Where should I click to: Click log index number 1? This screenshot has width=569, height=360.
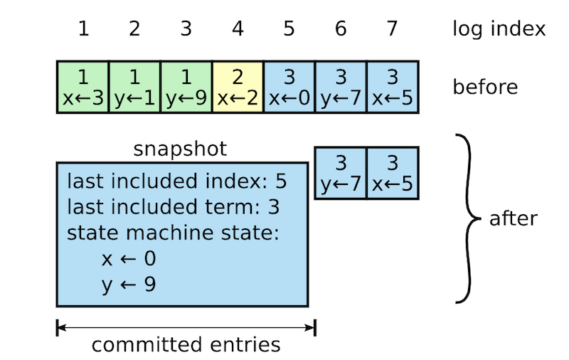[x=83, y=28]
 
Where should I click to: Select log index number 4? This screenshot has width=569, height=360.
[x=238, y=28]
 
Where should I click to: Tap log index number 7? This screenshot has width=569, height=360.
[x=393, y=28]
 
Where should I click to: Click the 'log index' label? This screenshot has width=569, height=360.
[x=499, y=28]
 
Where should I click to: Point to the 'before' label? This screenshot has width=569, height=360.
[x=485, y=87]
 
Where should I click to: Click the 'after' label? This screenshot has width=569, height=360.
[x=514, y=218]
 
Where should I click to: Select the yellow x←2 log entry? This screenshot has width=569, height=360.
[x=238, y=87]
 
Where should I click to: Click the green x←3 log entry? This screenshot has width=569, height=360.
[x=83, y=87]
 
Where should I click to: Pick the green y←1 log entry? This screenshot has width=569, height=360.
[x=134, y=87]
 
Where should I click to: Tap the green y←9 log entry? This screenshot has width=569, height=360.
[x=186, y=87]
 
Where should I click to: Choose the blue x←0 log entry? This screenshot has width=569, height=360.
[x=289, y=87]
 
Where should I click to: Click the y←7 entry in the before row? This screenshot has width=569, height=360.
[x=341, y=87]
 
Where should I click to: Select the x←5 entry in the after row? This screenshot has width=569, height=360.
[x=393, y=173]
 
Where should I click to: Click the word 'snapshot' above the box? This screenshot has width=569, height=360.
[x=180, y=149]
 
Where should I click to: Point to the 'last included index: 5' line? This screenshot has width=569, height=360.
[x=176, y=181]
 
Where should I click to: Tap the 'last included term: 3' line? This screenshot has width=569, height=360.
[x=174, y=207]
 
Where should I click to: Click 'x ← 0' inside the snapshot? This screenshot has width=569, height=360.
[x=129, y=259]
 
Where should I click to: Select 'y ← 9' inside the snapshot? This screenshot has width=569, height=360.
[x=129, y=285]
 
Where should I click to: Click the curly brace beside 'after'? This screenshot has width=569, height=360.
[x=468, y=218]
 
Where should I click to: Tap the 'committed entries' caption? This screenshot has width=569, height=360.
[x=186, y=345]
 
